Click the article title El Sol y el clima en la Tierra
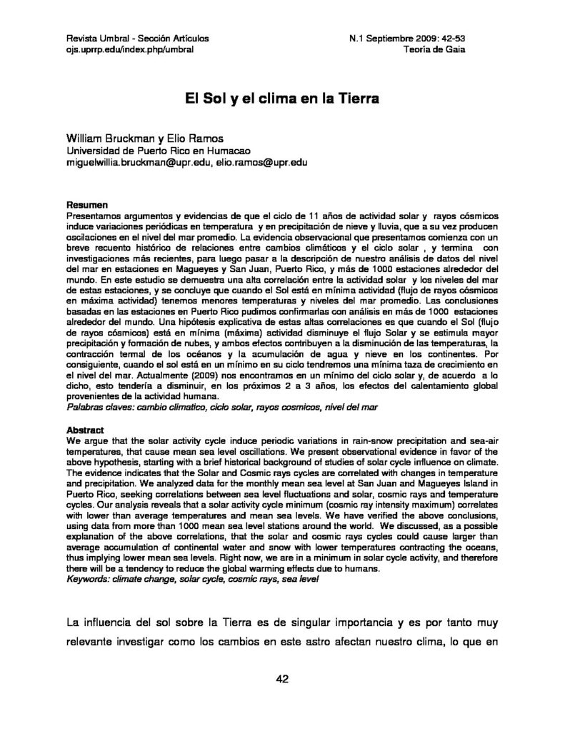click(x=281, y=98)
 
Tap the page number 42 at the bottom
click(x=281, y=679)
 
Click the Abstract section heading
click(x=86, y=431)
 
